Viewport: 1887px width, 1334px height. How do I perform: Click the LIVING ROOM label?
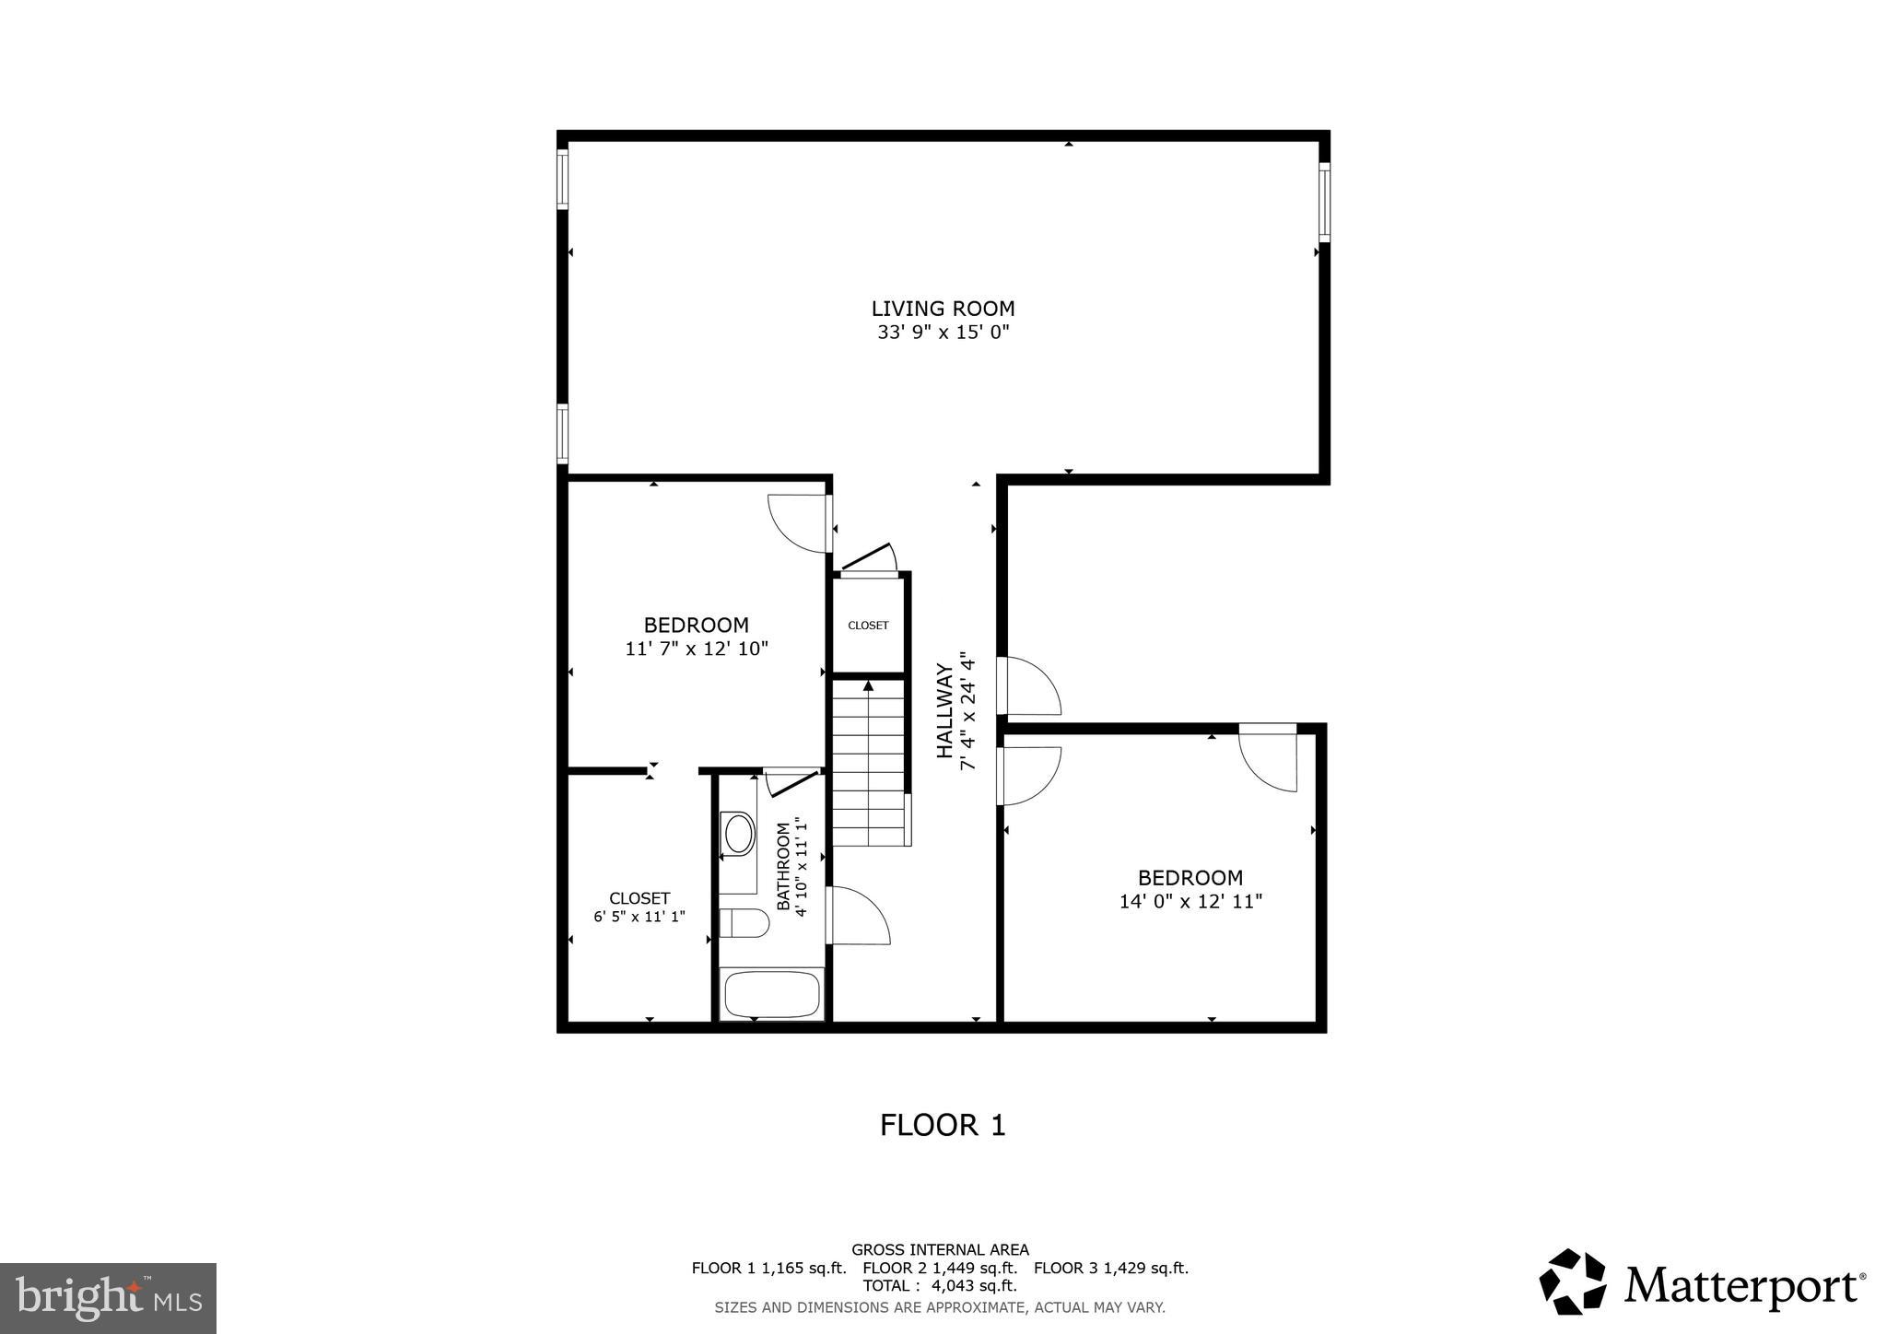943,309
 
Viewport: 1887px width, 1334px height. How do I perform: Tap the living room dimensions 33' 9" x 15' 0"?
943,333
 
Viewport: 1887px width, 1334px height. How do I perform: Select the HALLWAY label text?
944,710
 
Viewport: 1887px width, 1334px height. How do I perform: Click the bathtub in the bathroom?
771,994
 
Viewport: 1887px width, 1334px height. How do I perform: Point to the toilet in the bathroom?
744,922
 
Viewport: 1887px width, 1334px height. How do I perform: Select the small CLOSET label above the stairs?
868,626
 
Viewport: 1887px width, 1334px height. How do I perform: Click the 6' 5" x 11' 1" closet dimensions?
639,917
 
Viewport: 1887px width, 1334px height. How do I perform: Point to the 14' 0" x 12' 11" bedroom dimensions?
1190,902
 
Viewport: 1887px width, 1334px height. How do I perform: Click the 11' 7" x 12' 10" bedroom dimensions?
697,649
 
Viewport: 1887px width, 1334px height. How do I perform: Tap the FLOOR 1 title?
943,1125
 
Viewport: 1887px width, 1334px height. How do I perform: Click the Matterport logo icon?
1573,1281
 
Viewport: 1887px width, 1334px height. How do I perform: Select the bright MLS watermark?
108,1298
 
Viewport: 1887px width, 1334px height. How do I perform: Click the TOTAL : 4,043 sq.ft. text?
940,1285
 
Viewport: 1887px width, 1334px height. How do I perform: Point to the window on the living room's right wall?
1324,202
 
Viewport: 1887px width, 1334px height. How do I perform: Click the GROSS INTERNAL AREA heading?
940,1250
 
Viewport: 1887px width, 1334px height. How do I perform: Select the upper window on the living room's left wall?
562,180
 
